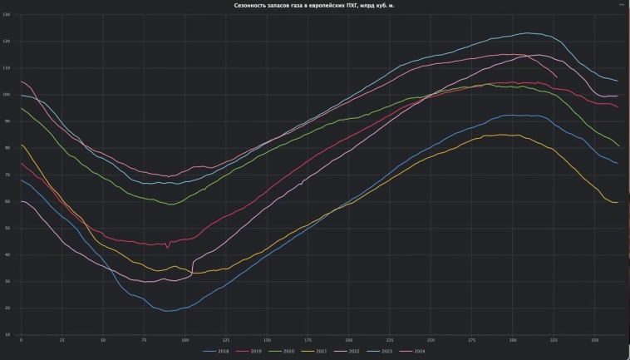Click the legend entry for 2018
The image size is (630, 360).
(219, 351)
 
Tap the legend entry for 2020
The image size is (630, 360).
(285, 351)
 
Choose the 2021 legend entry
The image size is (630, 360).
(318, 351)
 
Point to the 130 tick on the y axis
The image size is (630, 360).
(7, 15)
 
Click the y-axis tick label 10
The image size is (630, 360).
(7, 335)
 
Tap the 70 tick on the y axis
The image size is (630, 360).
(7, 175)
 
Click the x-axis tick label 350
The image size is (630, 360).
(595, 340)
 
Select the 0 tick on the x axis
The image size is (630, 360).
(21, 340)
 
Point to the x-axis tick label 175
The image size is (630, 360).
(308, 340)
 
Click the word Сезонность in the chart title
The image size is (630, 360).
(253, 5)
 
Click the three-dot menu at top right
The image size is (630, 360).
(621, 5)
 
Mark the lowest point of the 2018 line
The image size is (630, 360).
(169, 311)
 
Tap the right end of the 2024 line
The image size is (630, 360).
(557, 77)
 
